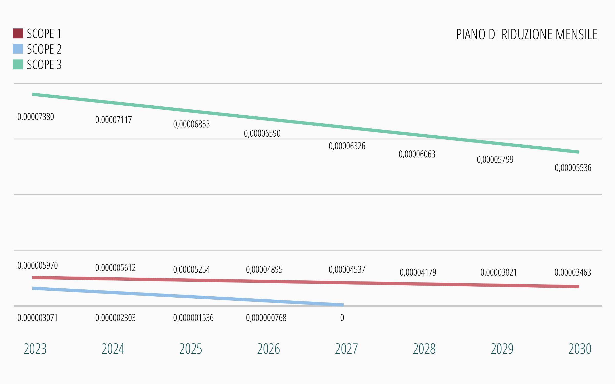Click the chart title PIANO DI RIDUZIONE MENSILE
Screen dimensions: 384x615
click(x=527, y=35)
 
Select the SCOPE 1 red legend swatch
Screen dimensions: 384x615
click(x=18, y=34)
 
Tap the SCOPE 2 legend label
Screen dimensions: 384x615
click(x=44, y=49)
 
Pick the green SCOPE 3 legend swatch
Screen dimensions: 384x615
click(x=18, y=64)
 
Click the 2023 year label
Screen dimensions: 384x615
click(x=35, y=349)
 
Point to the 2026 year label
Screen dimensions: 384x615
click(x=268, y=349)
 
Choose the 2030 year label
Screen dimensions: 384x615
click(x=580, y=349)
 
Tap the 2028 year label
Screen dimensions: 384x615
click(x=424, y=349)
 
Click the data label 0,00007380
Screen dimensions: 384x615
click(x=36, y=117)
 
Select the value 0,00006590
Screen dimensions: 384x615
click(x=262, y=134)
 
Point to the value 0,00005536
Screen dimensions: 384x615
click(x=573, y=168)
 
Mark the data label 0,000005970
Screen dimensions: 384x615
click(x=38, y=265)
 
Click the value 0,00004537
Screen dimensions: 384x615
click(x=347, y=270)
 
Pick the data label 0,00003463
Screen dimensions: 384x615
click(x=573, y=272)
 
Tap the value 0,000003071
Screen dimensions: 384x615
click(x=38, y=318)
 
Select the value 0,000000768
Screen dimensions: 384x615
click(x=266, y=318)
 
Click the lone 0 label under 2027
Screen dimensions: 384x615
click(x=342, y=318)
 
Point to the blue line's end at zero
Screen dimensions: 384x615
click(x=343, y=305)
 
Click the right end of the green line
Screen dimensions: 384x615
click(x=578, y=152)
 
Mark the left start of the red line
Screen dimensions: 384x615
click(x=33, y=277)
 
